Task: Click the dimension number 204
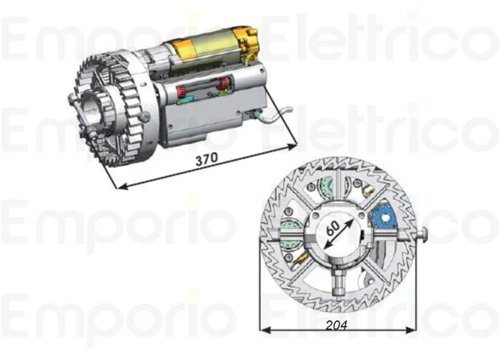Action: tap(336, 325)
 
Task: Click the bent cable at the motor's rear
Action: tap(277, 112)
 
